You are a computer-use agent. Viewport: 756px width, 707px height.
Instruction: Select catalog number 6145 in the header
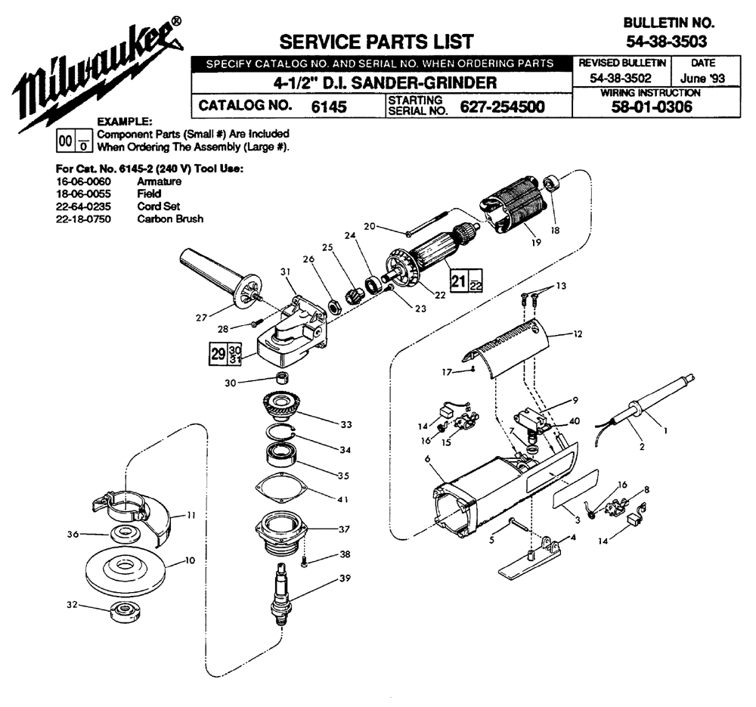pos(329,107)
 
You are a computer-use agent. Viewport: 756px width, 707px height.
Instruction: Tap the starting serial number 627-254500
pos(503,107)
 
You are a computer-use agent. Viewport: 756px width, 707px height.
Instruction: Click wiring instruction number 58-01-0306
pos(651,107)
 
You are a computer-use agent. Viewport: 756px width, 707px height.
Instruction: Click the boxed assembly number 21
pos(457,280)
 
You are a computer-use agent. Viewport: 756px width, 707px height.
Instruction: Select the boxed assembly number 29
pos(218,352)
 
